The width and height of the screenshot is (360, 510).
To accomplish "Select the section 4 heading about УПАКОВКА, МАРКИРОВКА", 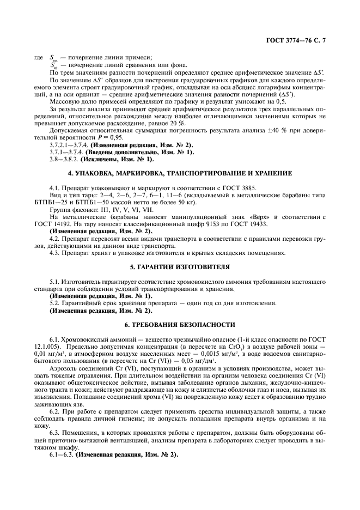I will click(180, 173).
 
